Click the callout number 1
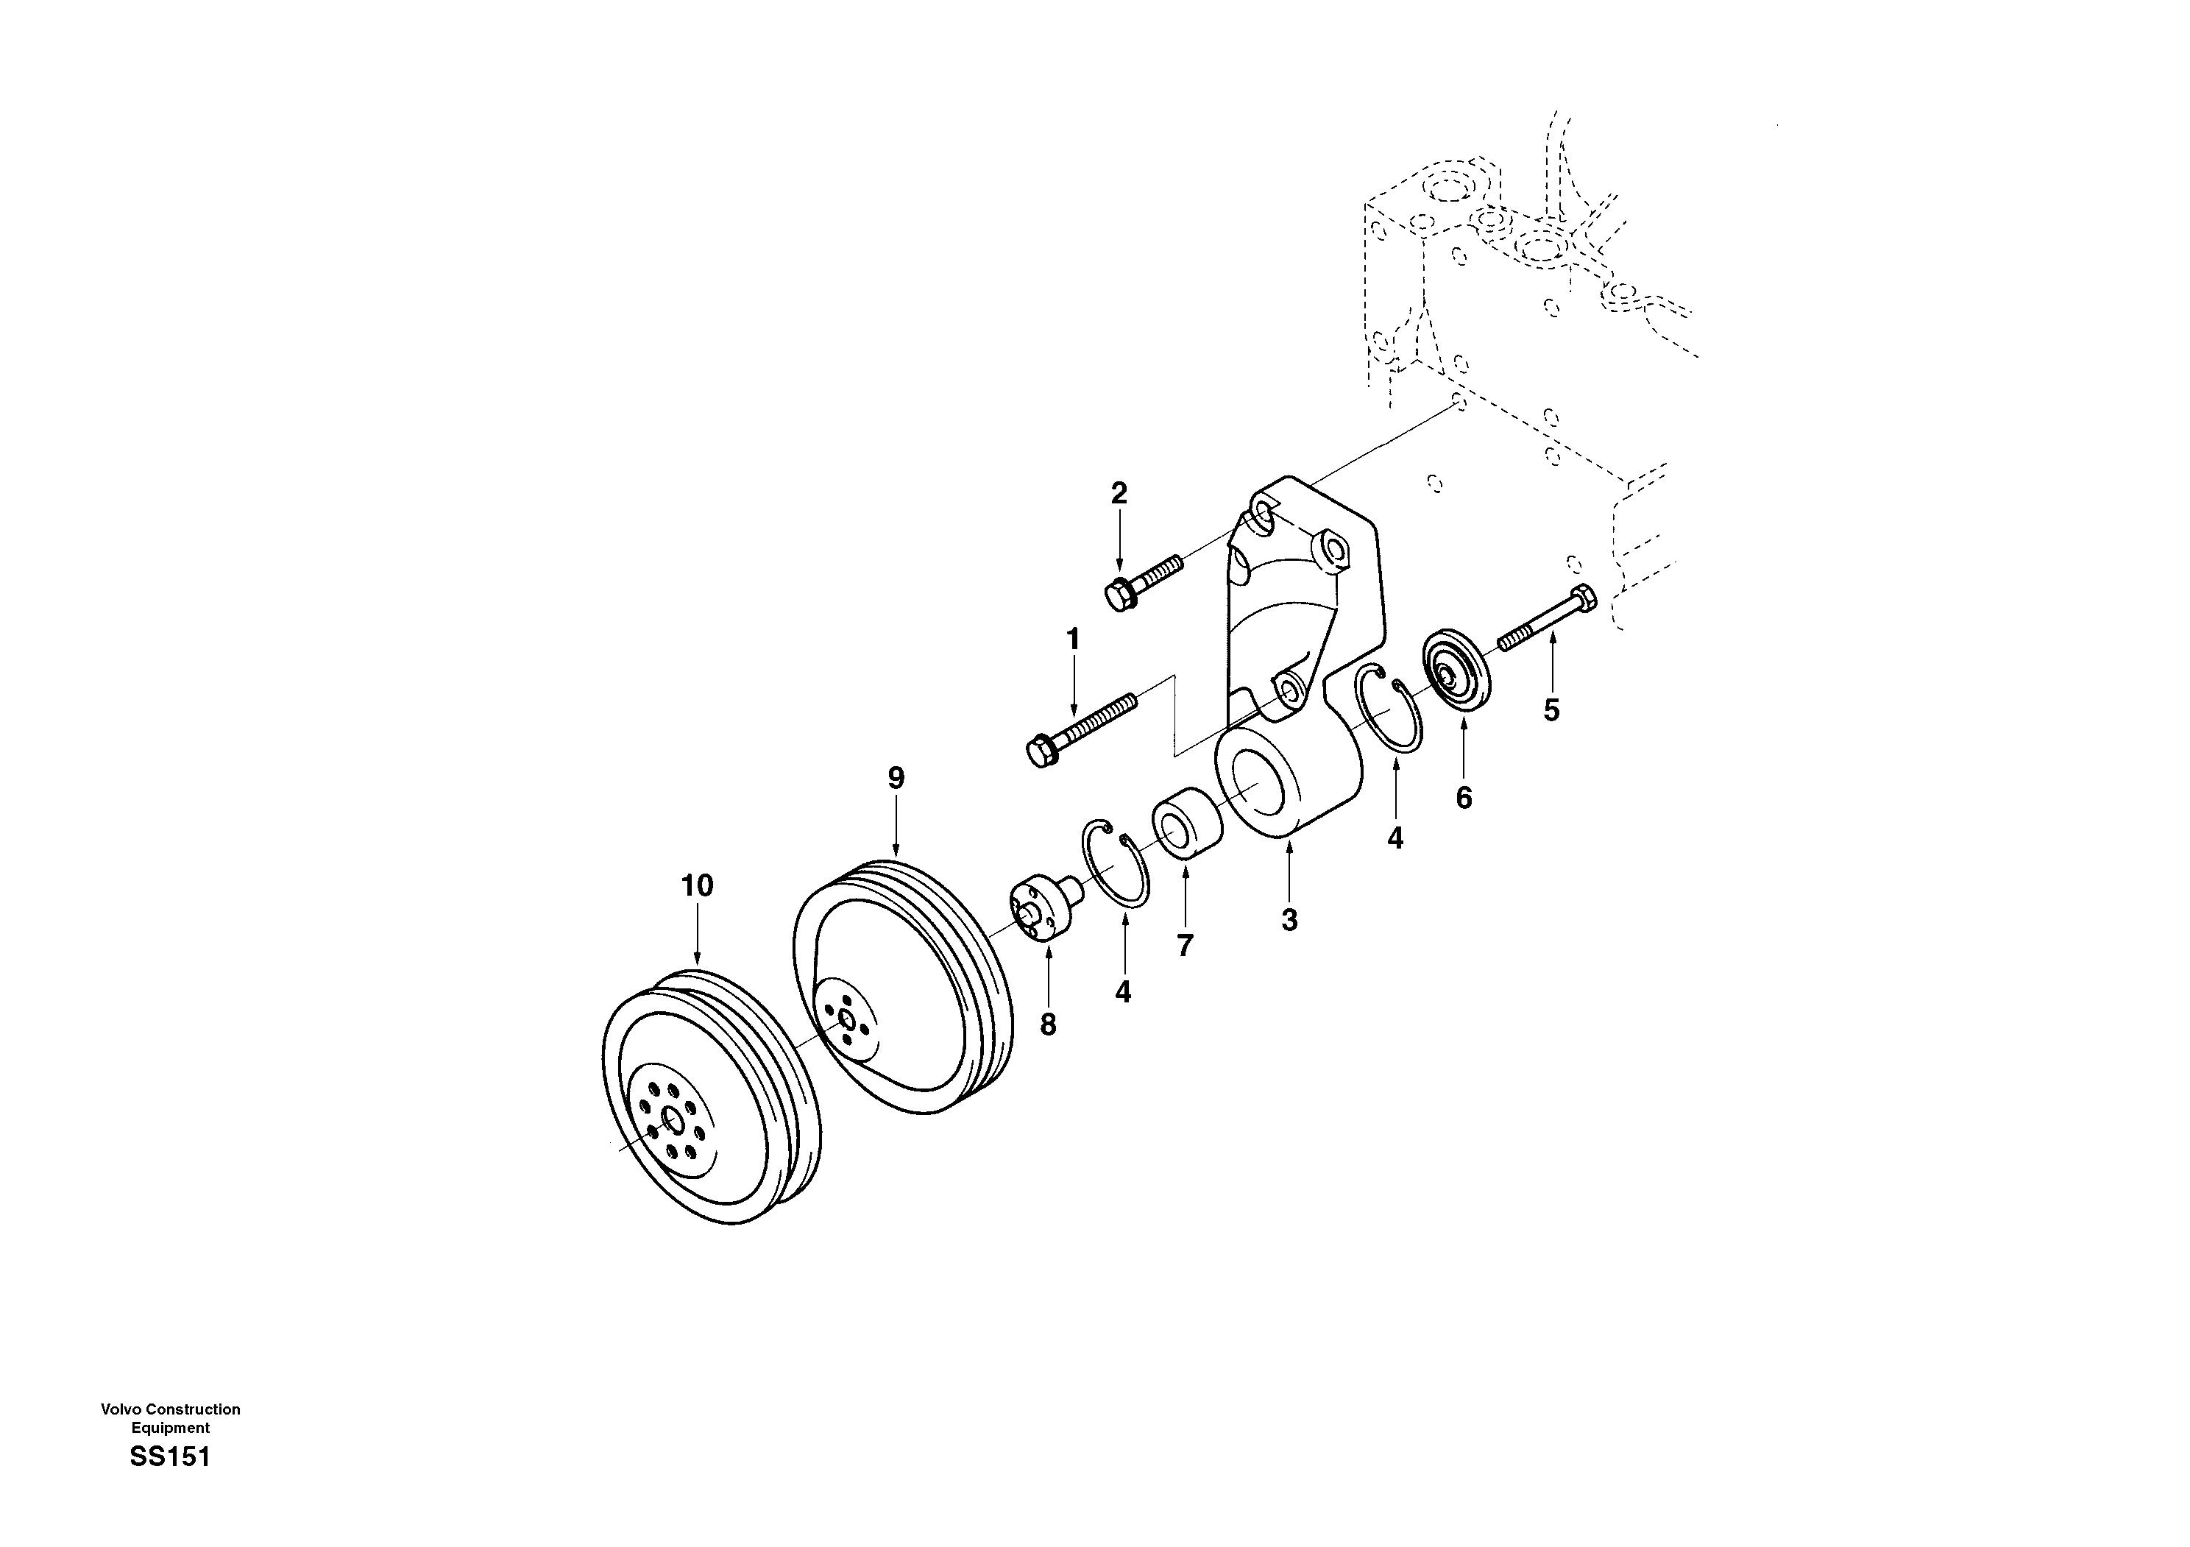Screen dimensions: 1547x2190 (x=1073, y=639)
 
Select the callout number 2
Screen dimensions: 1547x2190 (x=1119, y=493)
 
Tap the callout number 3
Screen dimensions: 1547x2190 (x=1289, y=921)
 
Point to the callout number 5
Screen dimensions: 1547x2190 (x=1552, y=709)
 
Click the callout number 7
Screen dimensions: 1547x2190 (x=1185, y=945)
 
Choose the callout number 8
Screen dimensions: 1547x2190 (x=1047, y=1024)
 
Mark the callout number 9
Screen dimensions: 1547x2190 (x=896, y=778)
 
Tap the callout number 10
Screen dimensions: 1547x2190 (x=697, y=885)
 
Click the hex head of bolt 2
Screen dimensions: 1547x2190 (x=1118, y=596)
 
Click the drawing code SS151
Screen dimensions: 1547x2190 (x=170, y=1456)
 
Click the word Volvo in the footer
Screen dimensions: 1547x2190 (x=119, y=1409)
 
